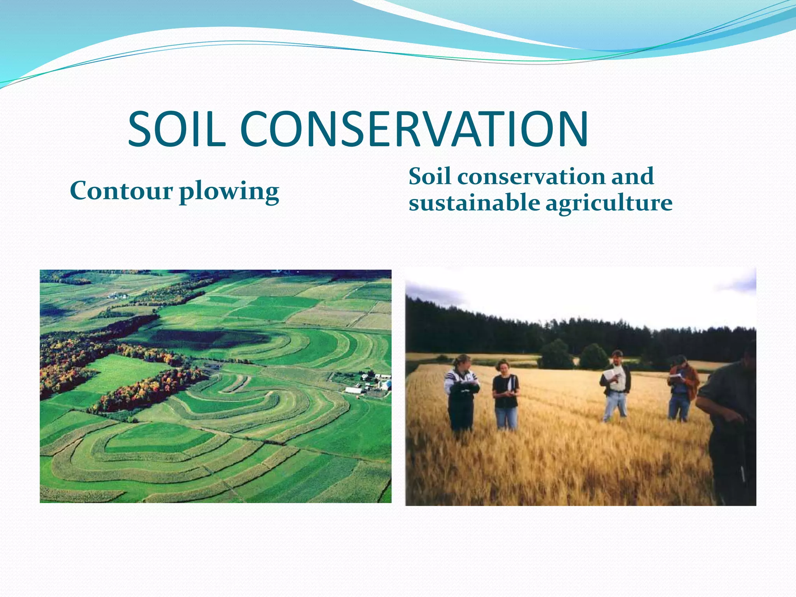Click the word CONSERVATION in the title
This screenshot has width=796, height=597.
point(414,129)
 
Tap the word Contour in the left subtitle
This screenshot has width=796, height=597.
point(121,191)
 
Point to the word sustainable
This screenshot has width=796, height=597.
point(474,203)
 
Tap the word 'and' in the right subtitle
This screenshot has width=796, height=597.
point(632,176)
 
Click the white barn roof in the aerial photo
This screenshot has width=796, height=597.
point(353,390)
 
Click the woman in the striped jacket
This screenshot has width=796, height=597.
point(462,393)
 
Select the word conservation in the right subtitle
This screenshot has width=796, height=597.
point(532,176)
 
